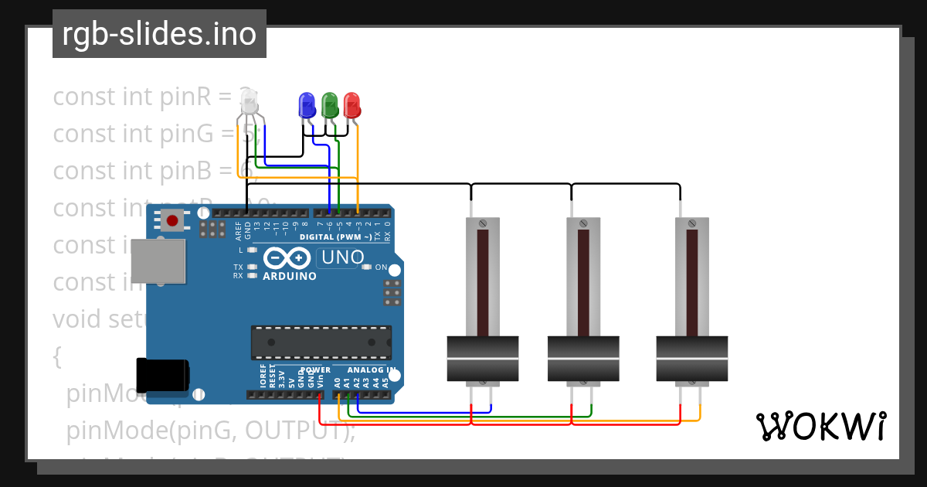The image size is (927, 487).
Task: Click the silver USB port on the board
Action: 158,261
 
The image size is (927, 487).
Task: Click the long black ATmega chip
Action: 321,342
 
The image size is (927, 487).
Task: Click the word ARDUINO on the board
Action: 290,276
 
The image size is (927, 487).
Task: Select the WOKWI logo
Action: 820,426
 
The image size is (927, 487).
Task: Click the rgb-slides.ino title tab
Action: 159,34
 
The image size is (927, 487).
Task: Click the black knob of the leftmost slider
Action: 482,359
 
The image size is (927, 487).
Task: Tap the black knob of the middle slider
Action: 583,359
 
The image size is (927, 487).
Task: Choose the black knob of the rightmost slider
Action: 691,359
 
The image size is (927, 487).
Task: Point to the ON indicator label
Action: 381,267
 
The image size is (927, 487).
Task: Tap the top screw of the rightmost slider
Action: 691,223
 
